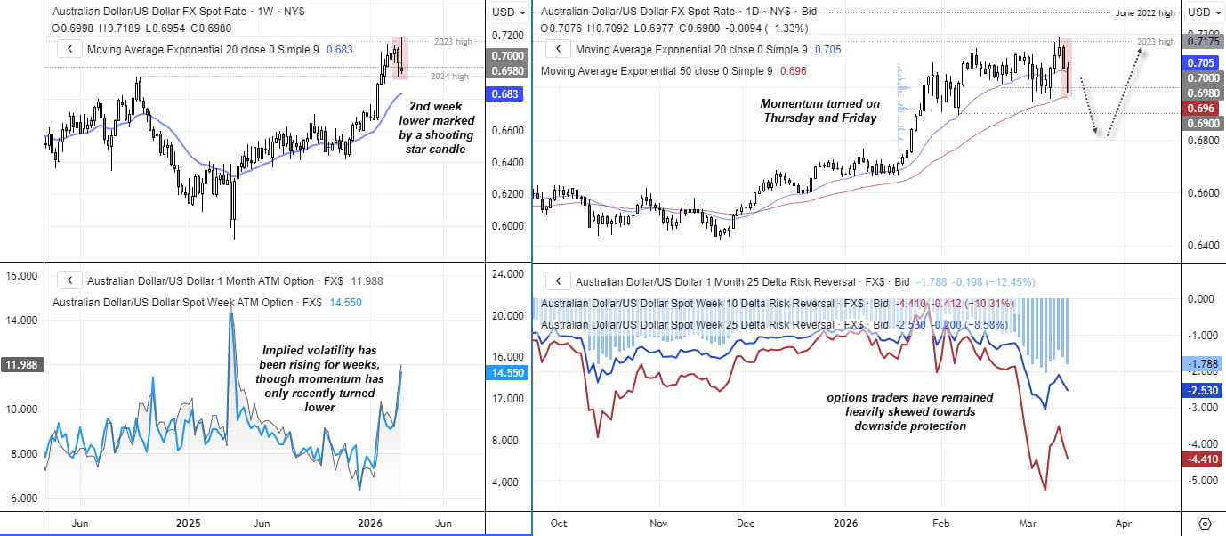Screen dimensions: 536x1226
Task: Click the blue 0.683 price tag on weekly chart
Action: pyautogui.click(x=507, y=93)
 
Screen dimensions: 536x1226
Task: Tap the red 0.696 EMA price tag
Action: pyautogui.click(x=1201, y=107)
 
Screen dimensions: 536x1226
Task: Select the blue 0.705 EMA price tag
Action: pyautogui.click(x=1201, y=63)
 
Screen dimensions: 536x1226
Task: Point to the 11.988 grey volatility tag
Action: pyautogui.click(x=20, y=365)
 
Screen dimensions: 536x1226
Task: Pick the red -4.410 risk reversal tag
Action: pyautogui.click(x=1201, y=459)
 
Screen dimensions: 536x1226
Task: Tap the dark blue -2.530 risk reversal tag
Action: pyautogui.click(x=1201, y=390)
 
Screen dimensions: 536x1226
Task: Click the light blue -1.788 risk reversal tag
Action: pyautogui.click(x=1201, y=363)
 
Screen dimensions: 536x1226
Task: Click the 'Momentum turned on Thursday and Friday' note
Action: pyautogui.click(x=819, y=110)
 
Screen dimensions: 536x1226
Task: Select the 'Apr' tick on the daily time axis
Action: pyautogui.click(x=1123, y=523)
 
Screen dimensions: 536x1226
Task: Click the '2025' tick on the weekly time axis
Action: pyautogui.click(x=190, y=523)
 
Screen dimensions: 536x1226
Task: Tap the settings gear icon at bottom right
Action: pyautogui.click(x=1205, y=523)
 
